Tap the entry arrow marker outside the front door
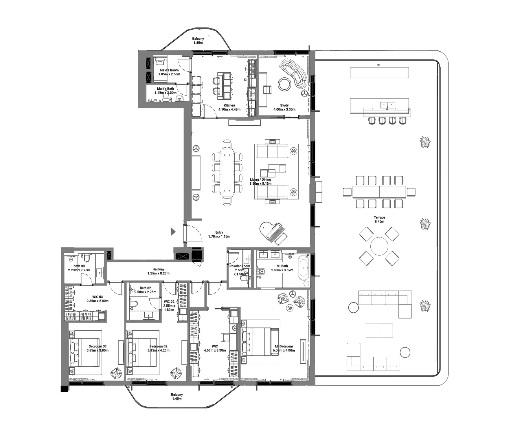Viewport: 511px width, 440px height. click(173, 232)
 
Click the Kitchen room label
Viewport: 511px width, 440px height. click(229, 105)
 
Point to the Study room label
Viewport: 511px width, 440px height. click(284, 105)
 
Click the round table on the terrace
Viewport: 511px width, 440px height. click(379, 246)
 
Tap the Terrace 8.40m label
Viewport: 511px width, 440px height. click(379, 219)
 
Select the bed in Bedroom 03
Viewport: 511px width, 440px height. click(84, 353)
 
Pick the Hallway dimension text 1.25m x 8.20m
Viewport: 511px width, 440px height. click(158, 273)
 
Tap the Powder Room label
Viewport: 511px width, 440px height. click(240, 266)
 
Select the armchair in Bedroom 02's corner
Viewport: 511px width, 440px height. click(176, 373)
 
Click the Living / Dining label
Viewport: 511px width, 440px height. click(260, 179)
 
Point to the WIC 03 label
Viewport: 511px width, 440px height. click(98, 297)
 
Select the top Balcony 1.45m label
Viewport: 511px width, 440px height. click(198, 41)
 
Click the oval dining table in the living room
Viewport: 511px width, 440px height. click(227, 173)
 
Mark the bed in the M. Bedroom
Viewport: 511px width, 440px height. click(260, 342)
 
